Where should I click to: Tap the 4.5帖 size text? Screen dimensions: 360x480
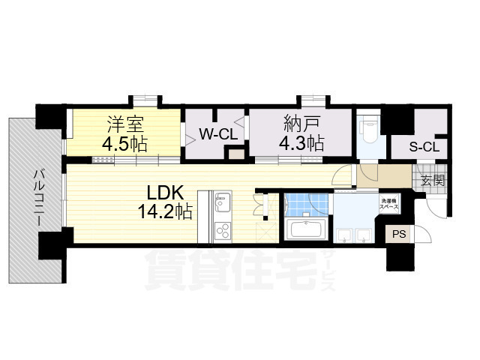click(124, 142)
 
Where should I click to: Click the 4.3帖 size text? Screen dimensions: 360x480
click(301, 142)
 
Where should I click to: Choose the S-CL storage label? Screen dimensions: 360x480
click(424, 146)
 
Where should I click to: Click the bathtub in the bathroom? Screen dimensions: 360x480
click(306, 229)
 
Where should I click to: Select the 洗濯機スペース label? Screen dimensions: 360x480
click(388, 202)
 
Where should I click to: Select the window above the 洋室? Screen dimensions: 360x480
click(145, 100)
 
